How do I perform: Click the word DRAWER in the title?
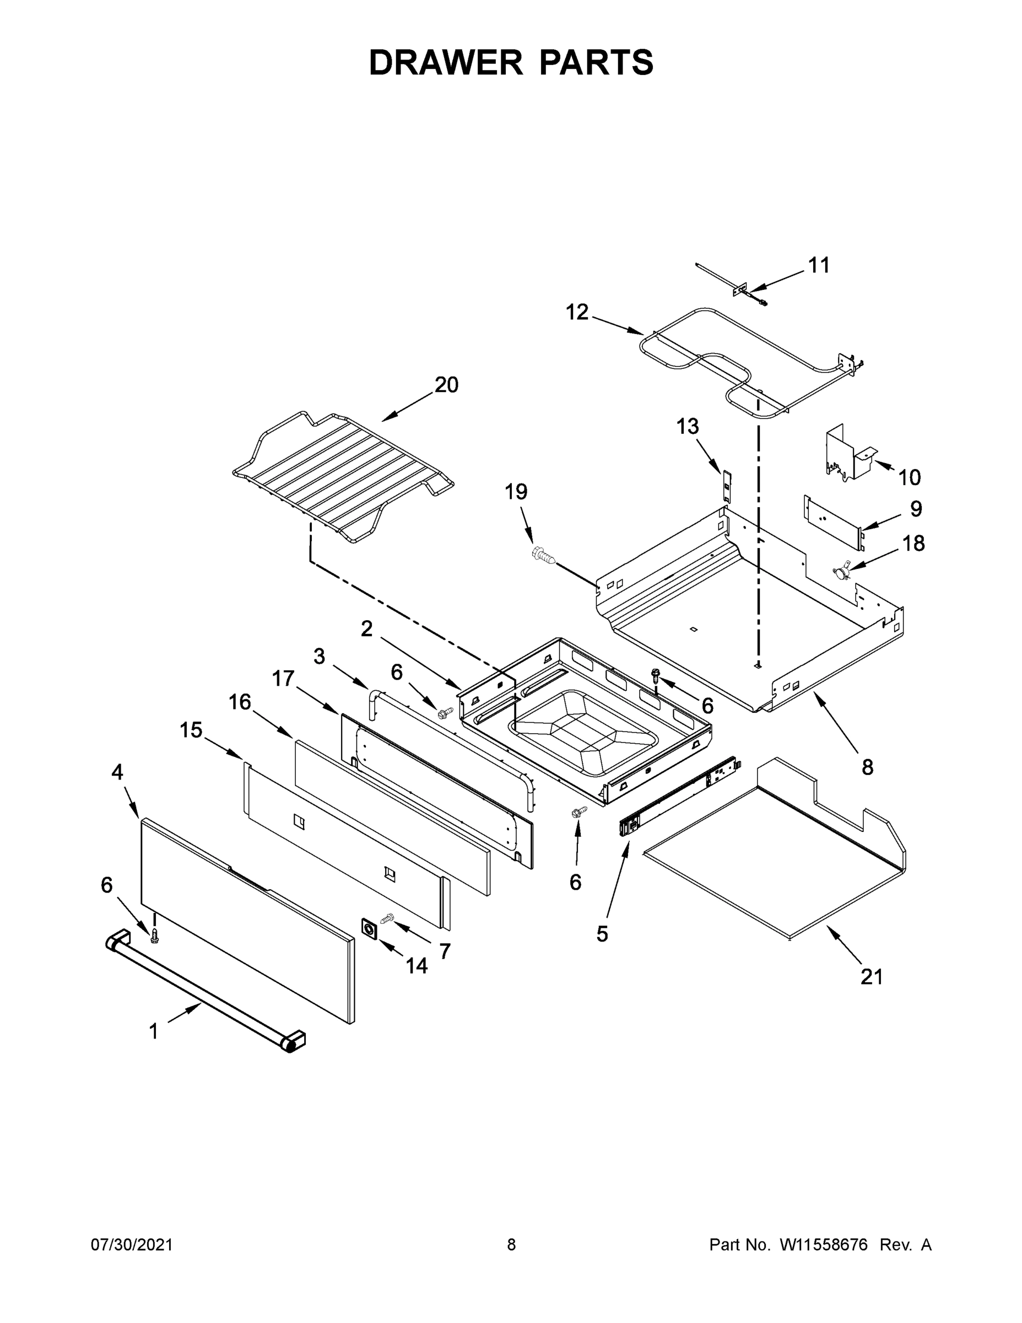click(x=445, y=62)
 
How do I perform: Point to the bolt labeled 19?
click(x=543, y=555)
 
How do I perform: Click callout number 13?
click(x=687, y=427)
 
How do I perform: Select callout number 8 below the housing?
click(x=867, y=767)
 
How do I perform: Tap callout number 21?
click(x=871, y=976)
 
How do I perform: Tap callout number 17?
click(x=283, y=679)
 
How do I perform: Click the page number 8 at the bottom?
click(x=511, y=1245)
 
